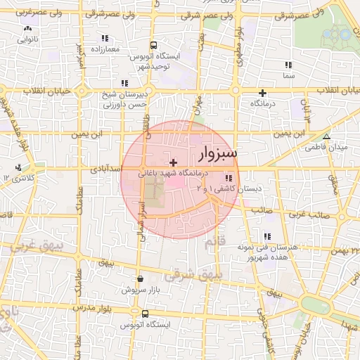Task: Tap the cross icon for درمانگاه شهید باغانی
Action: point(173,162)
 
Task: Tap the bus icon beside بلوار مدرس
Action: point(145,314)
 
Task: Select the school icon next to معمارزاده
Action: point(105,38)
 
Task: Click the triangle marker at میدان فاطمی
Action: point(326,136)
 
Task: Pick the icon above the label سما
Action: point(288,65)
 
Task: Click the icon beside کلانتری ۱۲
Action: point(18,167)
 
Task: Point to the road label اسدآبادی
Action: point(106,169)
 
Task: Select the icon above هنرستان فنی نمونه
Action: point(267,237)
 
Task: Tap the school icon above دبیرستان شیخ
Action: point(125,83)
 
